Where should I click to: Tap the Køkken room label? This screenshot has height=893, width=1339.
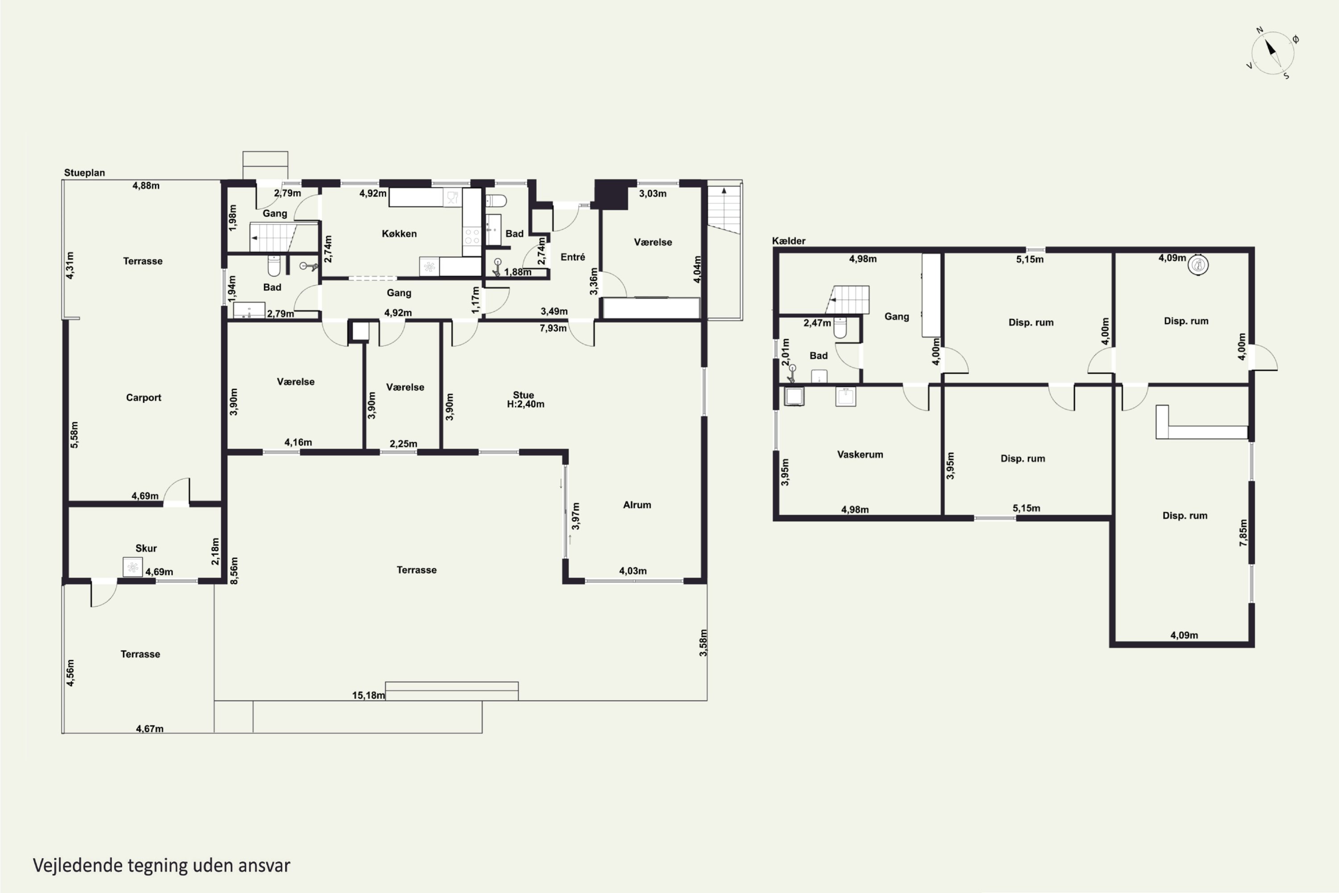pyautogui.click(x=399, y=234)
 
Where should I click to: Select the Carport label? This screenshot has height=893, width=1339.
pyautogui.click(x=143, y=397)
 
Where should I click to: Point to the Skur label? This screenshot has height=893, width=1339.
pyautogui.click(x=146, y=548)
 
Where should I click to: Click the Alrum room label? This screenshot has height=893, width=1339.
pyautogui.click(x=637, y=505)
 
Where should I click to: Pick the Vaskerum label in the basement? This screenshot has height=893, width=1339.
pyautogui.click(x=860, y=455)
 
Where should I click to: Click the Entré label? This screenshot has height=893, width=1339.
pyautogui.click(x=573, y=257)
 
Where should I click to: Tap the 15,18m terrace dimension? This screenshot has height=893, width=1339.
pyautogui.click(x=368, y=695)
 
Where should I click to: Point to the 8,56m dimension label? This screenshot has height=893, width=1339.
pyautogui.click(x=234, y=570)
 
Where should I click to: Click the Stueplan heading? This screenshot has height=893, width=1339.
pyautogui.click(x=84, y=172)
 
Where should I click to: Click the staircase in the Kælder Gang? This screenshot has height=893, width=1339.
pyautogui.click(x=848, y=300)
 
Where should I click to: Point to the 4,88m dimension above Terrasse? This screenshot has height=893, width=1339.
pyautogui.click(x=146, y=185)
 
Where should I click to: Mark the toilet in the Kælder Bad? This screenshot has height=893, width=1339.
pyautogui.click(x=840, y=328)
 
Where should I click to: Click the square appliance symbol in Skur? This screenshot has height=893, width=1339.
pyautogui.click(x=133, y=567)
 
